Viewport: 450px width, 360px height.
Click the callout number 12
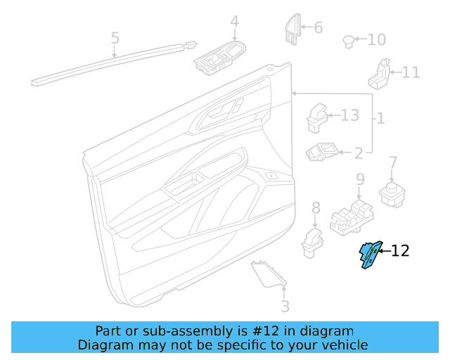coord(400,250)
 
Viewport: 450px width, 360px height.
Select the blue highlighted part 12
coord(369,255)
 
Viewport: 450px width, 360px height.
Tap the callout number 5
coord(115,37)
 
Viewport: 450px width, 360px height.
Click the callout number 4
coord(234,22)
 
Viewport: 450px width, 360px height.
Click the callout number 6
coord(318,27)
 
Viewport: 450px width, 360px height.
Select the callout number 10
coord(377,39)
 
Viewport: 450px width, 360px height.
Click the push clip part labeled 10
coord(348,40)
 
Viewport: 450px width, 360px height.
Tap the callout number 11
coord(411,72)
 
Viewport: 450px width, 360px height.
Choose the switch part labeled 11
coord(380,74)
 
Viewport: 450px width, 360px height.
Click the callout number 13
coord(349,115)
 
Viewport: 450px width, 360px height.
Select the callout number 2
coord(358,152)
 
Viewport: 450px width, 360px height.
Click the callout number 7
coord(393,162)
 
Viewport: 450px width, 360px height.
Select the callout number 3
coord(284,307)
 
